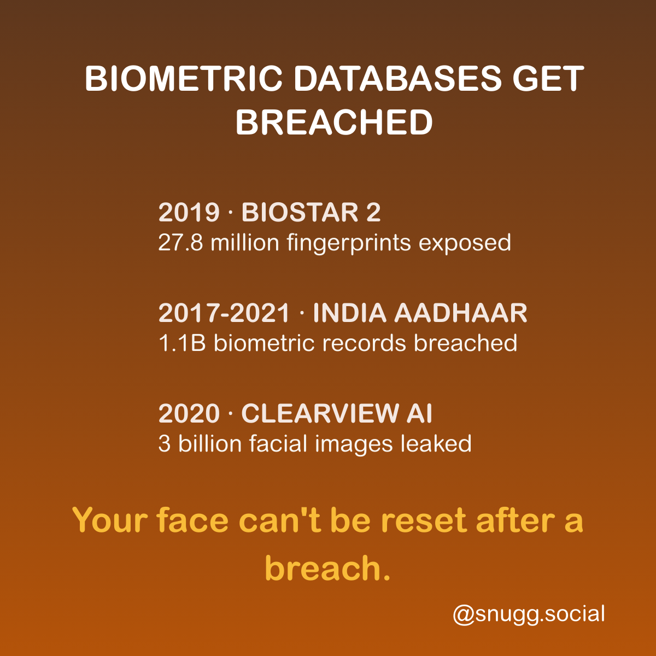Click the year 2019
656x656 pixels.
point(189,213)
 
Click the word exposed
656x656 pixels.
point(465,243)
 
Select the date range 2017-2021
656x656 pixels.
point(224,313)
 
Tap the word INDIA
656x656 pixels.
point(350,313)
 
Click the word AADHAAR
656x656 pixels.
point(461,313)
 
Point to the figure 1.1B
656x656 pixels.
point(182,343)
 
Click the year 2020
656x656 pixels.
point(189,414)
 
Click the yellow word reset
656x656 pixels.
point(424,520)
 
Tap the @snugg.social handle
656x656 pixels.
point(529,614)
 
